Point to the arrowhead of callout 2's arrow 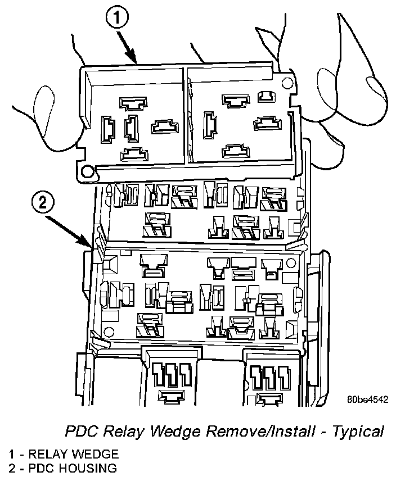pos(92,247)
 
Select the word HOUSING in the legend pos(86,468)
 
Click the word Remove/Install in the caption pos(268,432)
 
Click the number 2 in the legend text pos(12,468)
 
